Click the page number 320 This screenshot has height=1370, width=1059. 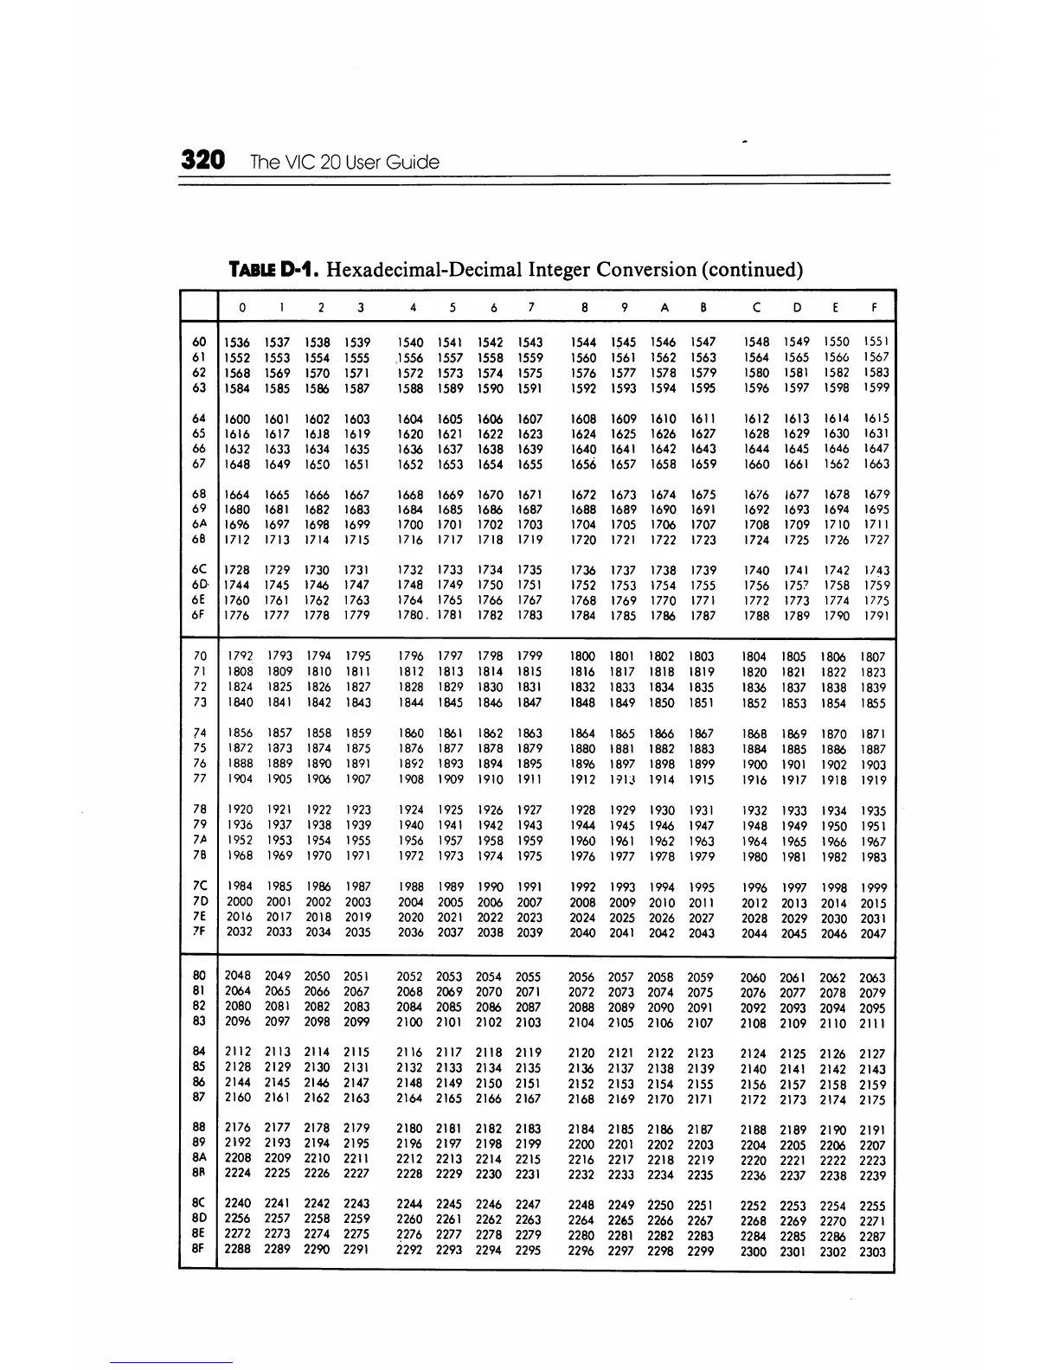203,161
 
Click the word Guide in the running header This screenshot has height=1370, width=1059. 412,163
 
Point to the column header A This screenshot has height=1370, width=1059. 664,307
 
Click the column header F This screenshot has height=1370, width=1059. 876,307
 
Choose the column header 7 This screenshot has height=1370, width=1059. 531,307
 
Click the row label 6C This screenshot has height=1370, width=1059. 199,570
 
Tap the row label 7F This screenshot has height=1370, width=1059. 199,931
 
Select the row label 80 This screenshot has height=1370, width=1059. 199,976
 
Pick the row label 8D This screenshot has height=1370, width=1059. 199,1219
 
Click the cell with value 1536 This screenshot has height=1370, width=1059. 237,342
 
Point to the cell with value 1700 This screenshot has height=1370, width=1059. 410,524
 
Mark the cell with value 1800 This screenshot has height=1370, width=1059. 583,656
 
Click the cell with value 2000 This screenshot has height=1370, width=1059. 239,901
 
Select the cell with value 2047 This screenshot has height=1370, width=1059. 874,933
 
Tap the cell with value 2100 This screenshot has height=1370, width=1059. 409,1021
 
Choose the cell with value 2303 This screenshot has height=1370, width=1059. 873,1251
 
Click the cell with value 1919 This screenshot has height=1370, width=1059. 874,780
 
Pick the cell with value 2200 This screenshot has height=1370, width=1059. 581,1144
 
